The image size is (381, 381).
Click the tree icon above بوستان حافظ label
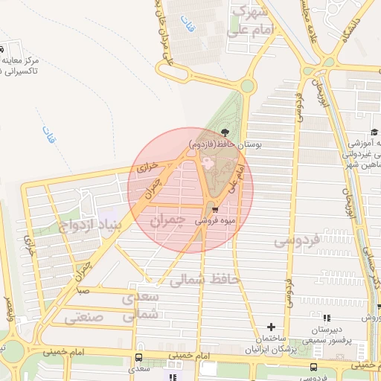225,133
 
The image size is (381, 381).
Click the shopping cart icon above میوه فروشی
215,209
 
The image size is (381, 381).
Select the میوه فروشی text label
216,221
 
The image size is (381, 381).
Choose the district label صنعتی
79,318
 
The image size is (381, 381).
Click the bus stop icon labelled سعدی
138,358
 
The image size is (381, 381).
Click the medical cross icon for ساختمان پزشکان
272,327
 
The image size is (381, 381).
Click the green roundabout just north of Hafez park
247,86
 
